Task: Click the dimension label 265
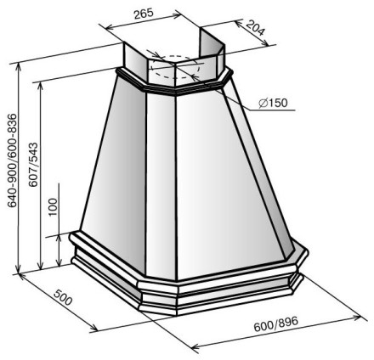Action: tap(144, 14)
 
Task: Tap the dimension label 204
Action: tap(255, 28)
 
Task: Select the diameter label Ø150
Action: tap(273, 103)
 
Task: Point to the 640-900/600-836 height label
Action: tap(12, 160)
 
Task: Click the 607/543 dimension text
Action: tap(33, 165)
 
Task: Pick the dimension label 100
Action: tap(53, 207)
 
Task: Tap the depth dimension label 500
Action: tap(63, 297)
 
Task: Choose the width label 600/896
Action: tap(276, 324)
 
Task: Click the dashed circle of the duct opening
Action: tap(175, 66)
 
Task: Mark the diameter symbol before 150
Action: tap(263, 104)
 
